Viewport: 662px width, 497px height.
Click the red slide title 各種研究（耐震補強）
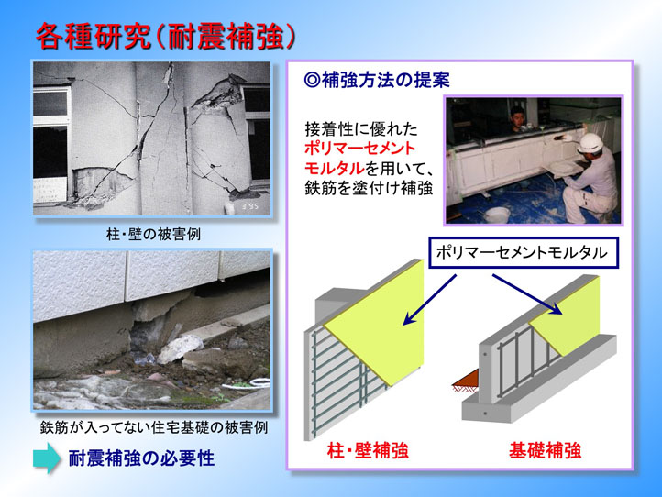click(165, 38)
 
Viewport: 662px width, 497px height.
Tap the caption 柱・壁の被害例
click(153, 234)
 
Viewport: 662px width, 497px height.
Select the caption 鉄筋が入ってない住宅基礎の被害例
click(154, 427)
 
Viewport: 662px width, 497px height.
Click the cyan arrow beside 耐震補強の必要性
click(47, 458)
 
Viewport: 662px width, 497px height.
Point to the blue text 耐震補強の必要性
click(141, 458)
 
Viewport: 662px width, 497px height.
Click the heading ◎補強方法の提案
click(377, 80)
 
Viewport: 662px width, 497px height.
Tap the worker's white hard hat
click(590, 143)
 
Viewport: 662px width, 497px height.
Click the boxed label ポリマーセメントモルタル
click(524, 252)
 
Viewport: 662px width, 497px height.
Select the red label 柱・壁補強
click(368, 450)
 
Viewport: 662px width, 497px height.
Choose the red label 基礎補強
click(545, 450)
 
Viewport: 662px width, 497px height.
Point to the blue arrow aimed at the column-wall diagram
click(430, 300)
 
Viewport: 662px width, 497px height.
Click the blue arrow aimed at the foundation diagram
click(528, 294)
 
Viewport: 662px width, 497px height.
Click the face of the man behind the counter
click(517, 118)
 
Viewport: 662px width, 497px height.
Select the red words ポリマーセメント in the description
click(360, 149)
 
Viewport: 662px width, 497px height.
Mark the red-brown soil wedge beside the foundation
click(467, 380)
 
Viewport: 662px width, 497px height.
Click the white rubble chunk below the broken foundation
click(180, 348)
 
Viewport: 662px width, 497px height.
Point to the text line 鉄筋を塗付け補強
click(369, 188)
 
